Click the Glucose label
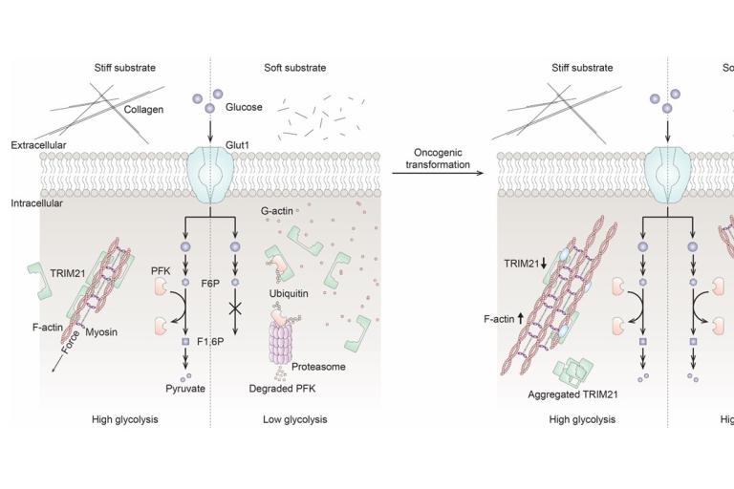click(x=244, y=107)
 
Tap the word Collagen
click(x=143, y=110)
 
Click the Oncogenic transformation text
click(x=441, y=158)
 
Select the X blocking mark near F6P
click(x=234, y=310)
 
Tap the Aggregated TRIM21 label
click(x=570, y=393)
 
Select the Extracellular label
click(x=39, y=145)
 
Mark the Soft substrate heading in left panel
click(x=294, y=67)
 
